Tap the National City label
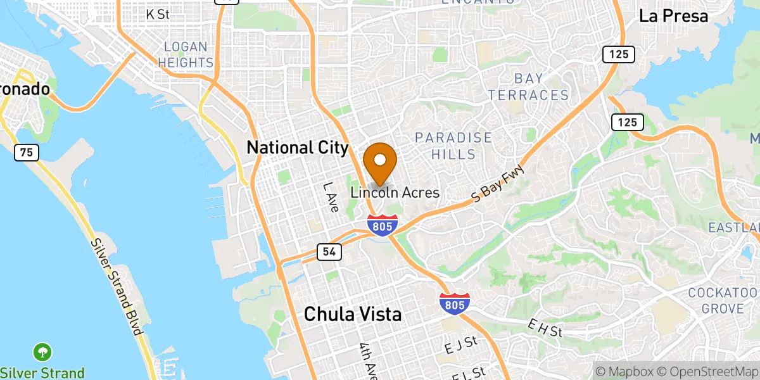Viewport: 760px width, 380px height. (x=297, y=148)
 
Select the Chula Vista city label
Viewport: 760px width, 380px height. (x=353, y=313)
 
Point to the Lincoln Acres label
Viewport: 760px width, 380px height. (x=395, y=193)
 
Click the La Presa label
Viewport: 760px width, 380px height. (x=673, y=16)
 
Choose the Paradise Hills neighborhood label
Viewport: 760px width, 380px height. (x=453, y=146)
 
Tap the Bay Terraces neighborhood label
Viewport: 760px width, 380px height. (x=541, y=87)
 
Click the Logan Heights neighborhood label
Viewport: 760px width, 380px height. (x=186, y=54)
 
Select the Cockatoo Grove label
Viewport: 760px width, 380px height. (x=724, y=300)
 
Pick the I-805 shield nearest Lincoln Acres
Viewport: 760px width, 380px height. (x=383, y=225)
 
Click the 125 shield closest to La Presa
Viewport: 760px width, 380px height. (x=618, y=54)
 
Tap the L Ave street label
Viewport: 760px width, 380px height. (x=331, y=197)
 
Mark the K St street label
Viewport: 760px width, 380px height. (x=158, y=13)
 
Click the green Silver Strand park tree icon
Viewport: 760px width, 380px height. (x=42, y=351)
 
